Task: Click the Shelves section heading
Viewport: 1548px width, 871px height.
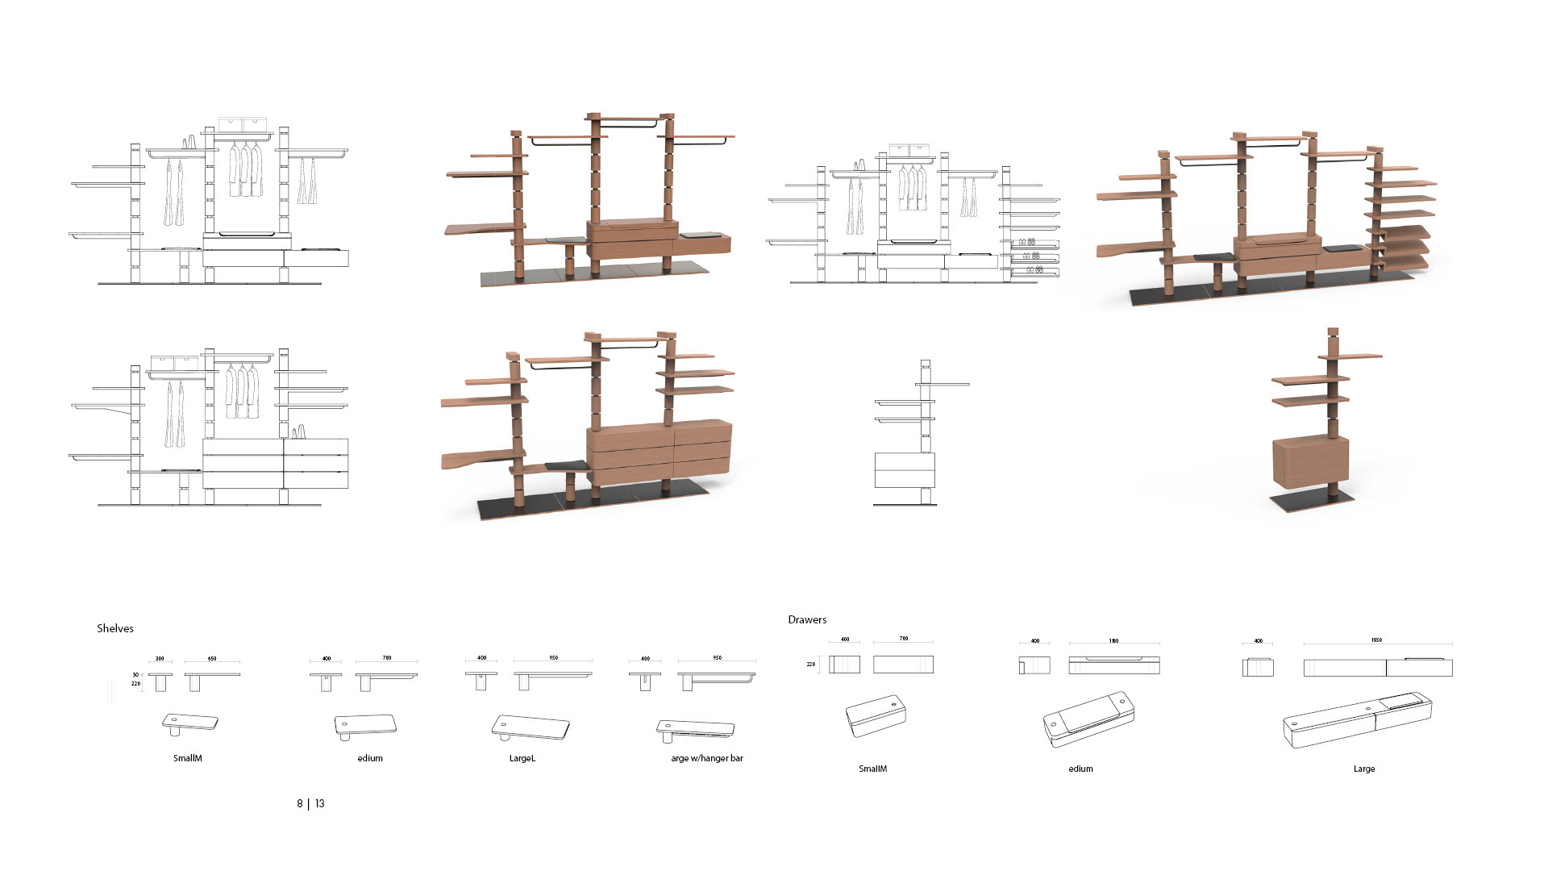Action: tap(115, 628)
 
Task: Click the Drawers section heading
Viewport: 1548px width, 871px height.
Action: tap(807, 619)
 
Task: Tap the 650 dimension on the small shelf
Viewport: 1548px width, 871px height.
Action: tap(212, 659)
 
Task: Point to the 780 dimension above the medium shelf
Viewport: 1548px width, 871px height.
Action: tap(387, 658)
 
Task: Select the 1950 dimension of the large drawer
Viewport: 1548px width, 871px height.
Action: tap(1376, 640)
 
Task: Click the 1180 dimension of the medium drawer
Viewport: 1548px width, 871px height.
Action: tap(1113, 641)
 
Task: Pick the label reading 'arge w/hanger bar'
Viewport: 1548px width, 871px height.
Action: tap(707, 758)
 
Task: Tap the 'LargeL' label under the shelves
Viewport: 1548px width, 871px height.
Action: tap(522, 758)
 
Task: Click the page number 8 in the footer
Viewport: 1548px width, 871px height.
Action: tap(300, 803)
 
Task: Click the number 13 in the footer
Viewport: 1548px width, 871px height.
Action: tap(320, 803)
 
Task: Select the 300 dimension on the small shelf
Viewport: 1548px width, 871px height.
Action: tap(160, 659)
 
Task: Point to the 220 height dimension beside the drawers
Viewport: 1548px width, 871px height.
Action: tap(811, 665)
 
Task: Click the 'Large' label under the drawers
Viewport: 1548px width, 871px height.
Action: tap(1364, 769)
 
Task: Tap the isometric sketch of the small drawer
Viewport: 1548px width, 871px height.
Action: tap(876, 715)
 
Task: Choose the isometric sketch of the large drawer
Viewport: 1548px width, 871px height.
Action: tap(1357, 718)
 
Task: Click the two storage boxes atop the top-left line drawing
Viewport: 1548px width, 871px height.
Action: tap(242, 124)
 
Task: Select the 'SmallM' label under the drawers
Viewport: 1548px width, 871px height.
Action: tap(872, 769)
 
